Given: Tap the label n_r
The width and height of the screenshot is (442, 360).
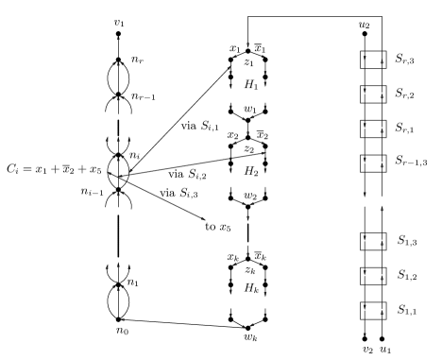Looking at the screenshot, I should [137, 59].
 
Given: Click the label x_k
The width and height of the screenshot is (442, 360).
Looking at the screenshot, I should [231, 258].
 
